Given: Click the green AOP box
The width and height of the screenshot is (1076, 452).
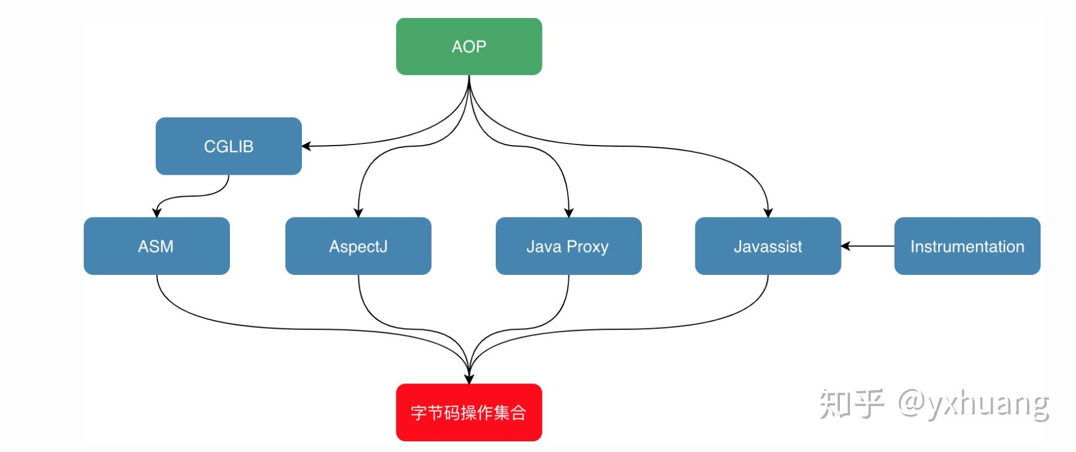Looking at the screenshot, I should [469, 47].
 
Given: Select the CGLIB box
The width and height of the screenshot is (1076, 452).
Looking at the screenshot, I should [228, 146].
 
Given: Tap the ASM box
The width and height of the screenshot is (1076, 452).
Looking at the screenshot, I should [156, 246].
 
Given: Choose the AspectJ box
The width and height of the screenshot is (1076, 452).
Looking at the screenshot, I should [358, 246].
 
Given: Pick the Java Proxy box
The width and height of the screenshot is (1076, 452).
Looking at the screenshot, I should [568, 246].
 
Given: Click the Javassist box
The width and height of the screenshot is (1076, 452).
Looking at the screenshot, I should [767, 246].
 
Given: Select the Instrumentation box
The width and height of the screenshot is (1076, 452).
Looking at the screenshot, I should [967, 246].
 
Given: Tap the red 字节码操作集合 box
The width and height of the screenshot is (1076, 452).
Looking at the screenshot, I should [469, 413].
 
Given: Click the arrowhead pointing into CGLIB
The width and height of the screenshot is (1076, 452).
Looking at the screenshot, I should [307, 146].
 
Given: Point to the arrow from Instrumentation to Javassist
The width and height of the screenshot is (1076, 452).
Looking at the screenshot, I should [869, 246].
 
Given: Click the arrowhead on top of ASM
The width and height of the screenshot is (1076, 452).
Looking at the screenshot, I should [157, 213].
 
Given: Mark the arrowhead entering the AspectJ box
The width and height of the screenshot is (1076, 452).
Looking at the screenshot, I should [358, 213].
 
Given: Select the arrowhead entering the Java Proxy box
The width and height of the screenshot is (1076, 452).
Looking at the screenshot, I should [568, 213].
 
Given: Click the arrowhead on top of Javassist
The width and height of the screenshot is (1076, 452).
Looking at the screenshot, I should [768, 213].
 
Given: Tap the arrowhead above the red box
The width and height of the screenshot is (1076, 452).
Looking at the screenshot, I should [469, 378].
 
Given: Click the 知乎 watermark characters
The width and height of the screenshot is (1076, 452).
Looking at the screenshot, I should [851, 404].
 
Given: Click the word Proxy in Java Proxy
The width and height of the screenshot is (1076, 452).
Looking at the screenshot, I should [587, 246].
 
